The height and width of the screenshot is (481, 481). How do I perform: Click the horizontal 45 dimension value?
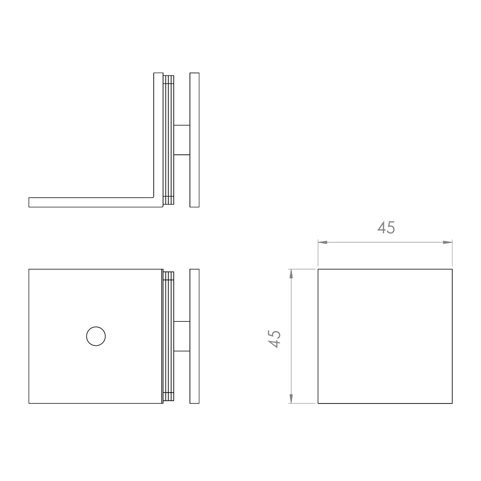pos(386,228)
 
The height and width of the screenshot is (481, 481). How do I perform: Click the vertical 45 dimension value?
pos(274,339)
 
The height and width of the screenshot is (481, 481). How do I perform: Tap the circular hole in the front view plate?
pos(96,336)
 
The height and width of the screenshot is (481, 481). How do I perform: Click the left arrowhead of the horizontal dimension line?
pos(322,242)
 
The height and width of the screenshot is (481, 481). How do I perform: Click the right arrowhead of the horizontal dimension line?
pos(448,242)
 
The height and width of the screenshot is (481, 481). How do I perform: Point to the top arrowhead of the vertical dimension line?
pos(291,274)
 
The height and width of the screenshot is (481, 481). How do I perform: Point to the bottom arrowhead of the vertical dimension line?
pos(291,399)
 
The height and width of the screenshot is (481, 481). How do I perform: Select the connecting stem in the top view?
pos(182,140)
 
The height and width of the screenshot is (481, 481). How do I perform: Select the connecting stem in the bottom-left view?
pos(182,336)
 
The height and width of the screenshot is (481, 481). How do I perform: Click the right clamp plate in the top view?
pos(194,140)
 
